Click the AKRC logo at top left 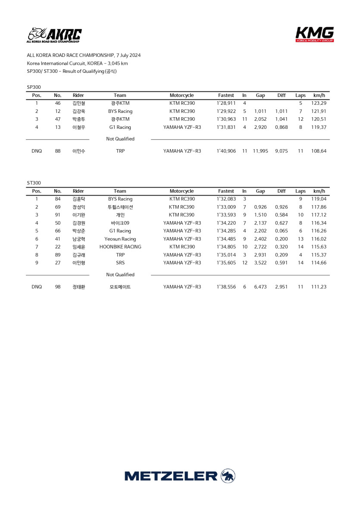coord(54,35)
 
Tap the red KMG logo coord(314,34)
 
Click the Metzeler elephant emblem coord(228,476)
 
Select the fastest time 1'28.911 coord(226,103)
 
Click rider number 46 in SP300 coord(58,103)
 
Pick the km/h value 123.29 coord(319,103)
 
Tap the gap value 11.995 coord(260,151)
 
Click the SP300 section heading coord(34,87)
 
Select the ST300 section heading coord(34,183)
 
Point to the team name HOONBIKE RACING coord(120,247)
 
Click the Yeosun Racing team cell coord(120,239)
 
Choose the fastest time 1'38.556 coord(226,287)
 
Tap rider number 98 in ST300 coord(58,287)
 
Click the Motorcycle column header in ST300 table coord(182,191)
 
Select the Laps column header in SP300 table coord(301,95)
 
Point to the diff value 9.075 coord(281,151)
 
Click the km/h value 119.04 coord(319,199)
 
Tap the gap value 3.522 coord(260,263)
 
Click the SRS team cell coord(120,263)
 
